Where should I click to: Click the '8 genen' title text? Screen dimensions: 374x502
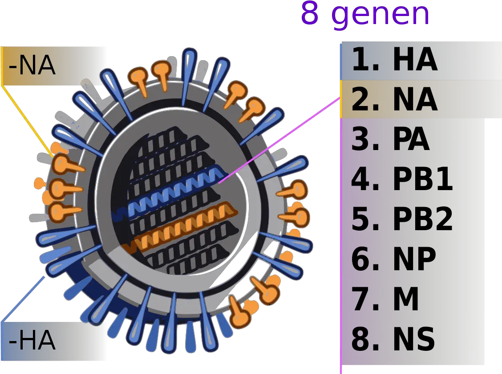click(365, 14)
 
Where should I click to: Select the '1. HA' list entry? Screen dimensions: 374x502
click(394, 60)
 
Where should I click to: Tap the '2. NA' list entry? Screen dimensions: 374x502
click(394, 100)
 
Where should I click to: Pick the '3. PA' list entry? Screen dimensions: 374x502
click(390, 140)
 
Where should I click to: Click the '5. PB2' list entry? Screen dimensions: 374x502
click(401, 219)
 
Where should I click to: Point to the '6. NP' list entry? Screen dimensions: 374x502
click(393, 259)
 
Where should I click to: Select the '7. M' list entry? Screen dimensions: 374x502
click(385, 299)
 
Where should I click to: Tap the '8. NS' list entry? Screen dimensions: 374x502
click(393, 339)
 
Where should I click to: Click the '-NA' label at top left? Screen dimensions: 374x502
click(32, 66)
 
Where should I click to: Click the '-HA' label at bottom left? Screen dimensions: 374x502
click(32, 341)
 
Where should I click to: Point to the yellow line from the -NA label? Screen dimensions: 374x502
click(27, 118)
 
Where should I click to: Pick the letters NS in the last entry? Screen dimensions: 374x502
click(414, 339)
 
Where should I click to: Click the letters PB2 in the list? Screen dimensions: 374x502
click(423, 219)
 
